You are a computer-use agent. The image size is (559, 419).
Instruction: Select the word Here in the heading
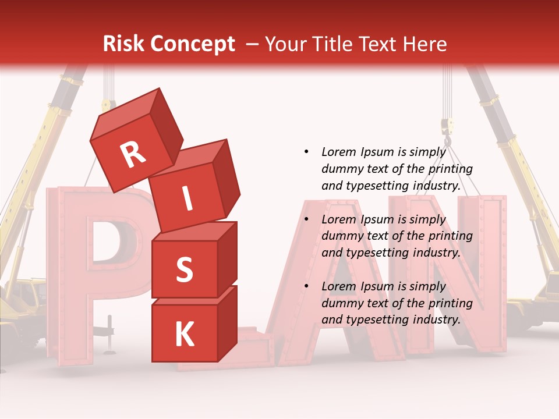424,44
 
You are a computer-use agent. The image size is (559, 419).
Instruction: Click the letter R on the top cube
133,154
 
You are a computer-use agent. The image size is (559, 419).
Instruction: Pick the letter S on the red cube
184,270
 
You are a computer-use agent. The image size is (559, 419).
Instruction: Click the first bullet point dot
306,152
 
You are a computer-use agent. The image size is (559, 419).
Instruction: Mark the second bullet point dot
306,219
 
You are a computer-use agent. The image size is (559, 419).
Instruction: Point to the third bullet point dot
306,286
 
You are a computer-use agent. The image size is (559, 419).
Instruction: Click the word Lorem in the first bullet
338,152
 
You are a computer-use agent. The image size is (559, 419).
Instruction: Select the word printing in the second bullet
450,236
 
